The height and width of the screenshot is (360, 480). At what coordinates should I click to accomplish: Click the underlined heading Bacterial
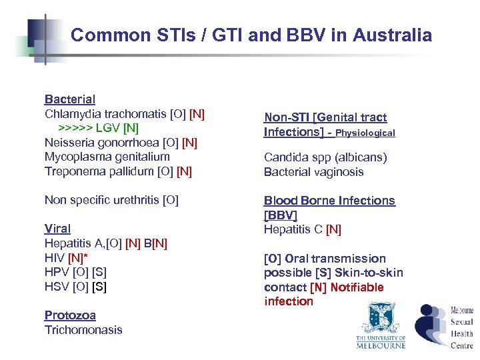coord(70,99)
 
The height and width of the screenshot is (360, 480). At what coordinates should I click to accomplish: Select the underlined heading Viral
coord(57,229)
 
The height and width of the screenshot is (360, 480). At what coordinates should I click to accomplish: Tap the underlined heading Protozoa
coord(70,315)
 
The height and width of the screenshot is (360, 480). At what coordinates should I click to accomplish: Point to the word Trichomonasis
coord(83,330)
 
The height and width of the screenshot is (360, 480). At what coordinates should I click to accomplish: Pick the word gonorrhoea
coord(127,143)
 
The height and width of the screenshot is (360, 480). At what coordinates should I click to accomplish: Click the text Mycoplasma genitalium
coord(107,157)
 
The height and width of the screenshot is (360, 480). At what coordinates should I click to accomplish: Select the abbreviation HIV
coord(54,258)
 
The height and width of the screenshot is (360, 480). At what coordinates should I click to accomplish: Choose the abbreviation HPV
coord(56,272)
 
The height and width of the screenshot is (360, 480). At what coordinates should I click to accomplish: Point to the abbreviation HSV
coord(56,287)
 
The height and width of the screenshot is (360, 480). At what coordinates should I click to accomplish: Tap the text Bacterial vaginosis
coord(313,172)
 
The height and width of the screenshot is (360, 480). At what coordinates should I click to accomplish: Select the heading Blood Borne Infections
coord(329,201)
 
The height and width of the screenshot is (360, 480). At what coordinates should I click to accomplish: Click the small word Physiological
coord(365,133)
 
